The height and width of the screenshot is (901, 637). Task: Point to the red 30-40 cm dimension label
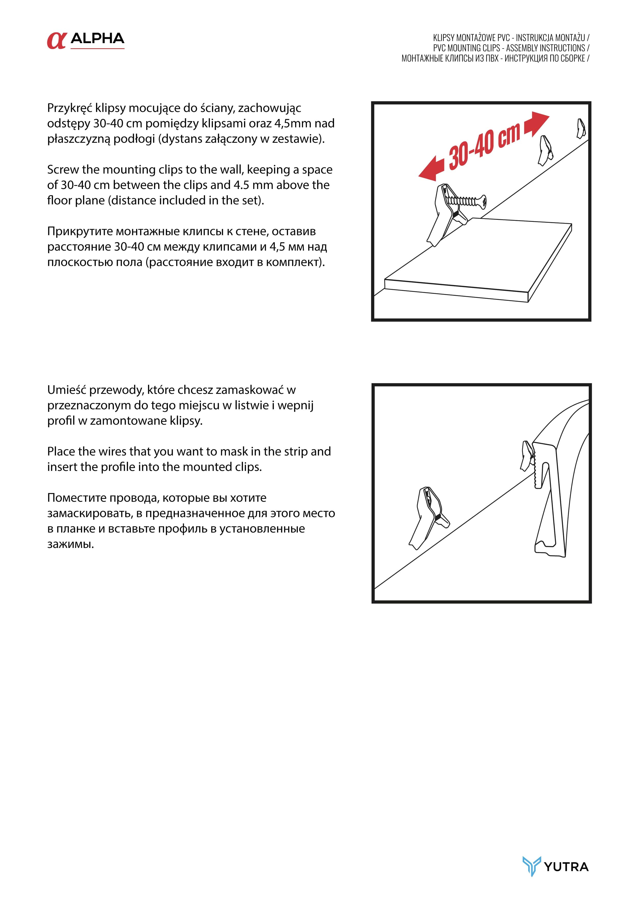tap(485, 145)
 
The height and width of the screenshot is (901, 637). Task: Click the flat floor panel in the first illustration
tap(479, 259)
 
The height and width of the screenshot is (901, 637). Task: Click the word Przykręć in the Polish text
tap(70, 108)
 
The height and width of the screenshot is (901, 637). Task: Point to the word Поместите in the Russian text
tap(77, 498)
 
